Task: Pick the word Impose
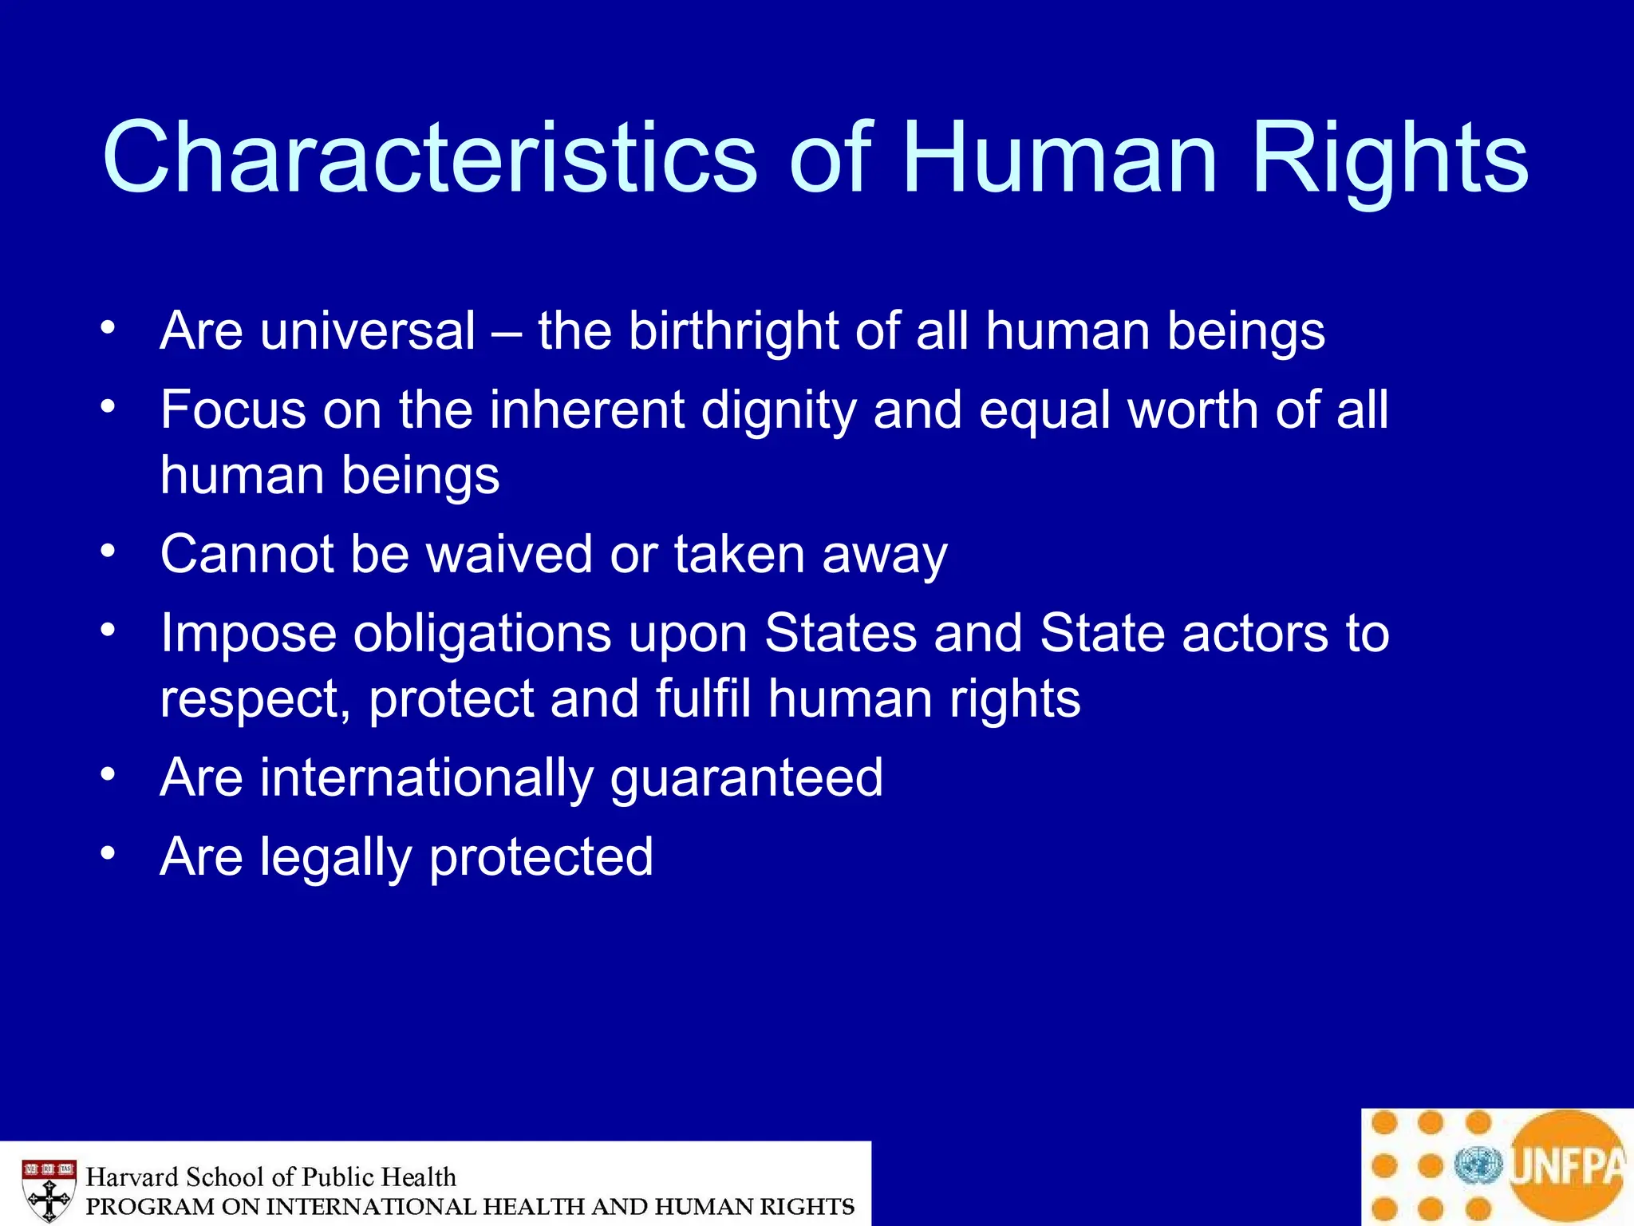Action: click(x=248, y=635)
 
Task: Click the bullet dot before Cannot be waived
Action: click(x=109, y=552)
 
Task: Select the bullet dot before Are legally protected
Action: click(x=109, y=854)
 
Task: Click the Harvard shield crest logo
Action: click(x=49, y=1189)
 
